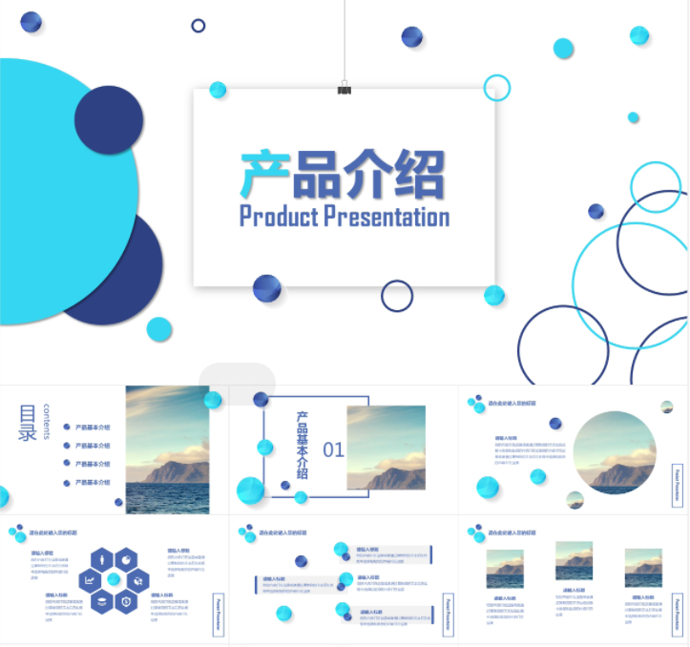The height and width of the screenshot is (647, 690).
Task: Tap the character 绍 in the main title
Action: pos(419,174)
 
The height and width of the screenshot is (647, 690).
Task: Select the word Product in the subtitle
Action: pos(278,217)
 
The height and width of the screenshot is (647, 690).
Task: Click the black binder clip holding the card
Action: pos(344,89)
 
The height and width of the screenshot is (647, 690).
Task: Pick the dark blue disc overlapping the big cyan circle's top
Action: pos(109,120)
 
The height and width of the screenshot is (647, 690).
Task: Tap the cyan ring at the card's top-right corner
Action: pos(497,88)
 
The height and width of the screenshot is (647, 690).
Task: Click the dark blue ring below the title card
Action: pos(397,296)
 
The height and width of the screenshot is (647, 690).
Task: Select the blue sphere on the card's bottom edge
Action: pos(266,288)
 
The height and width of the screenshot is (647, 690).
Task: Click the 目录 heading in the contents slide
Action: pos(28,423)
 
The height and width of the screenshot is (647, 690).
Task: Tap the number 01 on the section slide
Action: pos(333,449)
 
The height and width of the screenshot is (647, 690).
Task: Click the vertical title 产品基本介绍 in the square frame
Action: pos(303,444)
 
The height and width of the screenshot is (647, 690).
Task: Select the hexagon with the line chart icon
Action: pos(90,580)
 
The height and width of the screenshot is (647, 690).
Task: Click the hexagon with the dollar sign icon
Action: pos(126,601)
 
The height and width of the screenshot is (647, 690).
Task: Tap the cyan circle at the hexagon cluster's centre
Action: pos(114,579)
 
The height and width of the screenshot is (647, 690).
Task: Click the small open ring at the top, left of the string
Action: pos(199,26)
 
